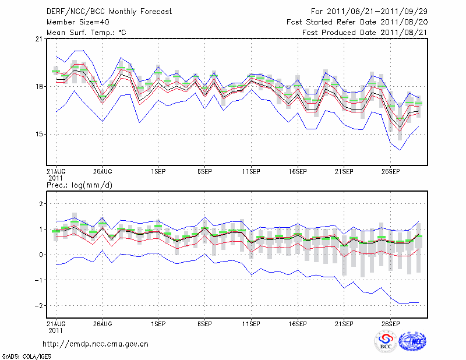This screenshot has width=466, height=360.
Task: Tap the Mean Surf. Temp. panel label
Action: (86, 32)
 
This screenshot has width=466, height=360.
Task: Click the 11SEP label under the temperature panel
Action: (251, 172)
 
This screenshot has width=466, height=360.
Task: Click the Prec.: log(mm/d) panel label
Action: (82, 185)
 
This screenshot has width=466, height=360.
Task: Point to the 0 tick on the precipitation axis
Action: (40, 255)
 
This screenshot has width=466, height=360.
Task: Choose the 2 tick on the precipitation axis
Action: (40, 204)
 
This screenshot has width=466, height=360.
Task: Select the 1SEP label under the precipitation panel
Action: (157, 323)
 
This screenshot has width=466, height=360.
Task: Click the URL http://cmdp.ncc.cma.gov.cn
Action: (96, 344)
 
